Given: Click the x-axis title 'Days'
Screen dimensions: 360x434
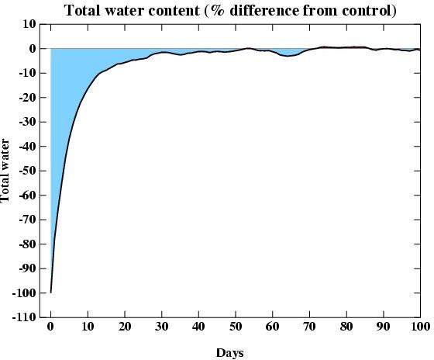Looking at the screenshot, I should [229, 353].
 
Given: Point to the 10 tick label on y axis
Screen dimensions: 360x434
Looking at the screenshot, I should [28, 24].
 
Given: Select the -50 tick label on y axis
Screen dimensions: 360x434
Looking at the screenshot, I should [26, 171].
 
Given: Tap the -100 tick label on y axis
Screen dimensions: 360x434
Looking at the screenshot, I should [23, 293].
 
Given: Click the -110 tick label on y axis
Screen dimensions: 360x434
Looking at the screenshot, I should [23, 317].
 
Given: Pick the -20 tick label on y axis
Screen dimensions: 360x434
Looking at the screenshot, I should [26, 98].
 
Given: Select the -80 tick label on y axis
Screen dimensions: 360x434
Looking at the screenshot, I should [26, 244].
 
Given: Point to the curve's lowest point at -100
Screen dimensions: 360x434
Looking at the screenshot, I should [50, 292].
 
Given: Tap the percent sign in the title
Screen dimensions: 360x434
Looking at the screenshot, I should [212, 10].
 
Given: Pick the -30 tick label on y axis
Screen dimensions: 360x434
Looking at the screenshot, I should [26, 122].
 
